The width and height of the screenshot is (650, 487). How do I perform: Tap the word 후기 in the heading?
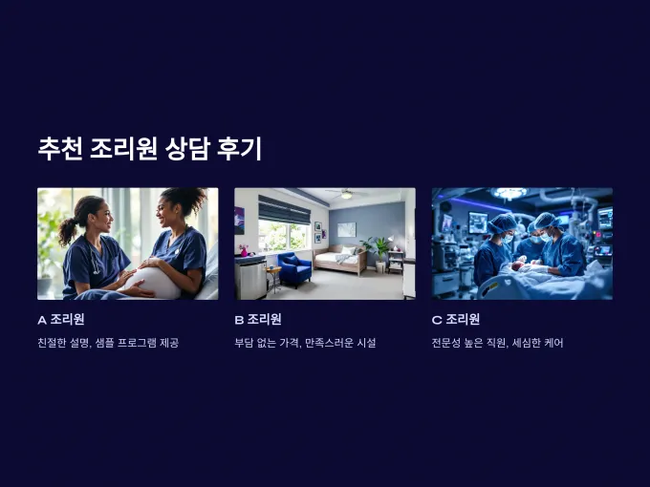239,149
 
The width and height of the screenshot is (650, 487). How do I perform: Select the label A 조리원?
61,320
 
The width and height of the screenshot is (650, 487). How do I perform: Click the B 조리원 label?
258,320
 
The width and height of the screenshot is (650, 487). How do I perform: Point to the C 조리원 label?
456,320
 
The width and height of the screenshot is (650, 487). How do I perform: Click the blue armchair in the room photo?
293,268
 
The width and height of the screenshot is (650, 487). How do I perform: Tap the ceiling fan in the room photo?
347,194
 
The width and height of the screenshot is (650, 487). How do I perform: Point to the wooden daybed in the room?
340,260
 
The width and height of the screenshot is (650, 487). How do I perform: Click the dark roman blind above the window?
284,210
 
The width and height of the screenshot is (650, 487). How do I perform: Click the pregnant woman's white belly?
154,283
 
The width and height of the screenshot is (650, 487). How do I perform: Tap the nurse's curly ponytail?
67,230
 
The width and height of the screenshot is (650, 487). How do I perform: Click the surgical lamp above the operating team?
509,193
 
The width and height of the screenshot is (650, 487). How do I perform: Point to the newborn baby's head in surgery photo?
516,265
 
